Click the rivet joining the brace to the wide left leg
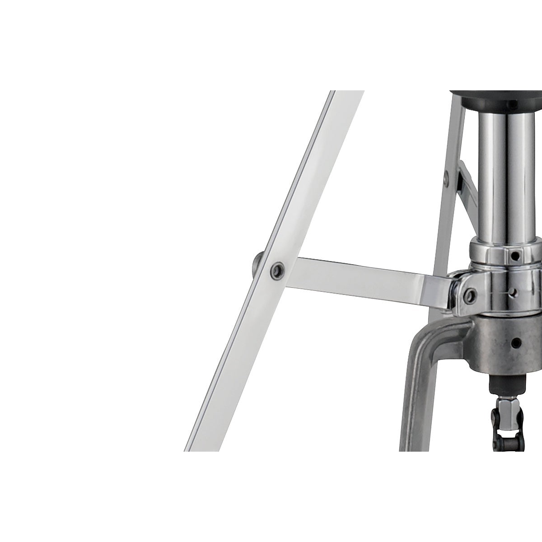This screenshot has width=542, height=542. [x=275, y=270]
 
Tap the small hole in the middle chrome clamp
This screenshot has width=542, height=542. [x=512, y=293]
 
